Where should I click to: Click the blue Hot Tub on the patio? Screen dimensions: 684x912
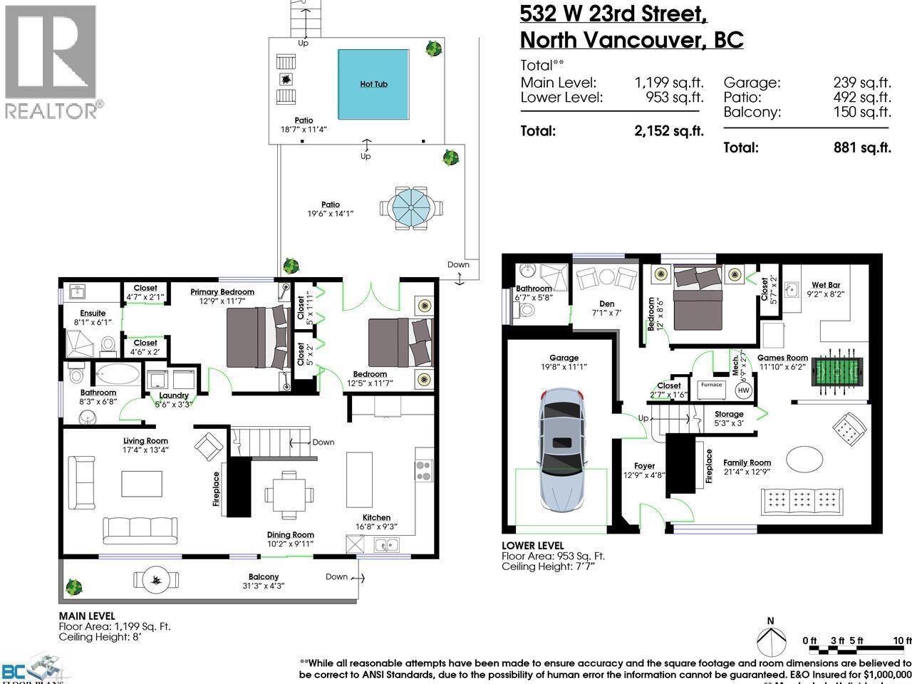373,84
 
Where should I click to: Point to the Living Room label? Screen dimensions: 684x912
145,441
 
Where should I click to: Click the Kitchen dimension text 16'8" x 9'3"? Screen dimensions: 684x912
375,527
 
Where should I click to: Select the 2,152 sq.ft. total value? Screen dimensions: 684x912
668,131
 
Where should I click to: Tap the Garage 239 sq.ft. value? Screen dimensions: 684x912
862,83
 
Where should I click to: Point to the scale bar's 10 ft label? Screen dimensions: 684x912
902,641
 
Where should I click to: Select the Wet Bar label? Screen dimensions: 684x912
825,285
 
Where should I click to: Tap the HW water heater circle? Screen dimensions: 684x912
744,390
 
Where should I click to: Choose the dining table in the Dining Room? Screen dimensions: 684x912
289,494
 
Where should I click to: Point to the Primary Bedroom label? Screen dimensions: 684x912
222,292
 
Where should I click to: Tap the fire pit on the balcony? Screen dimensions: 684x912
155,578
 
